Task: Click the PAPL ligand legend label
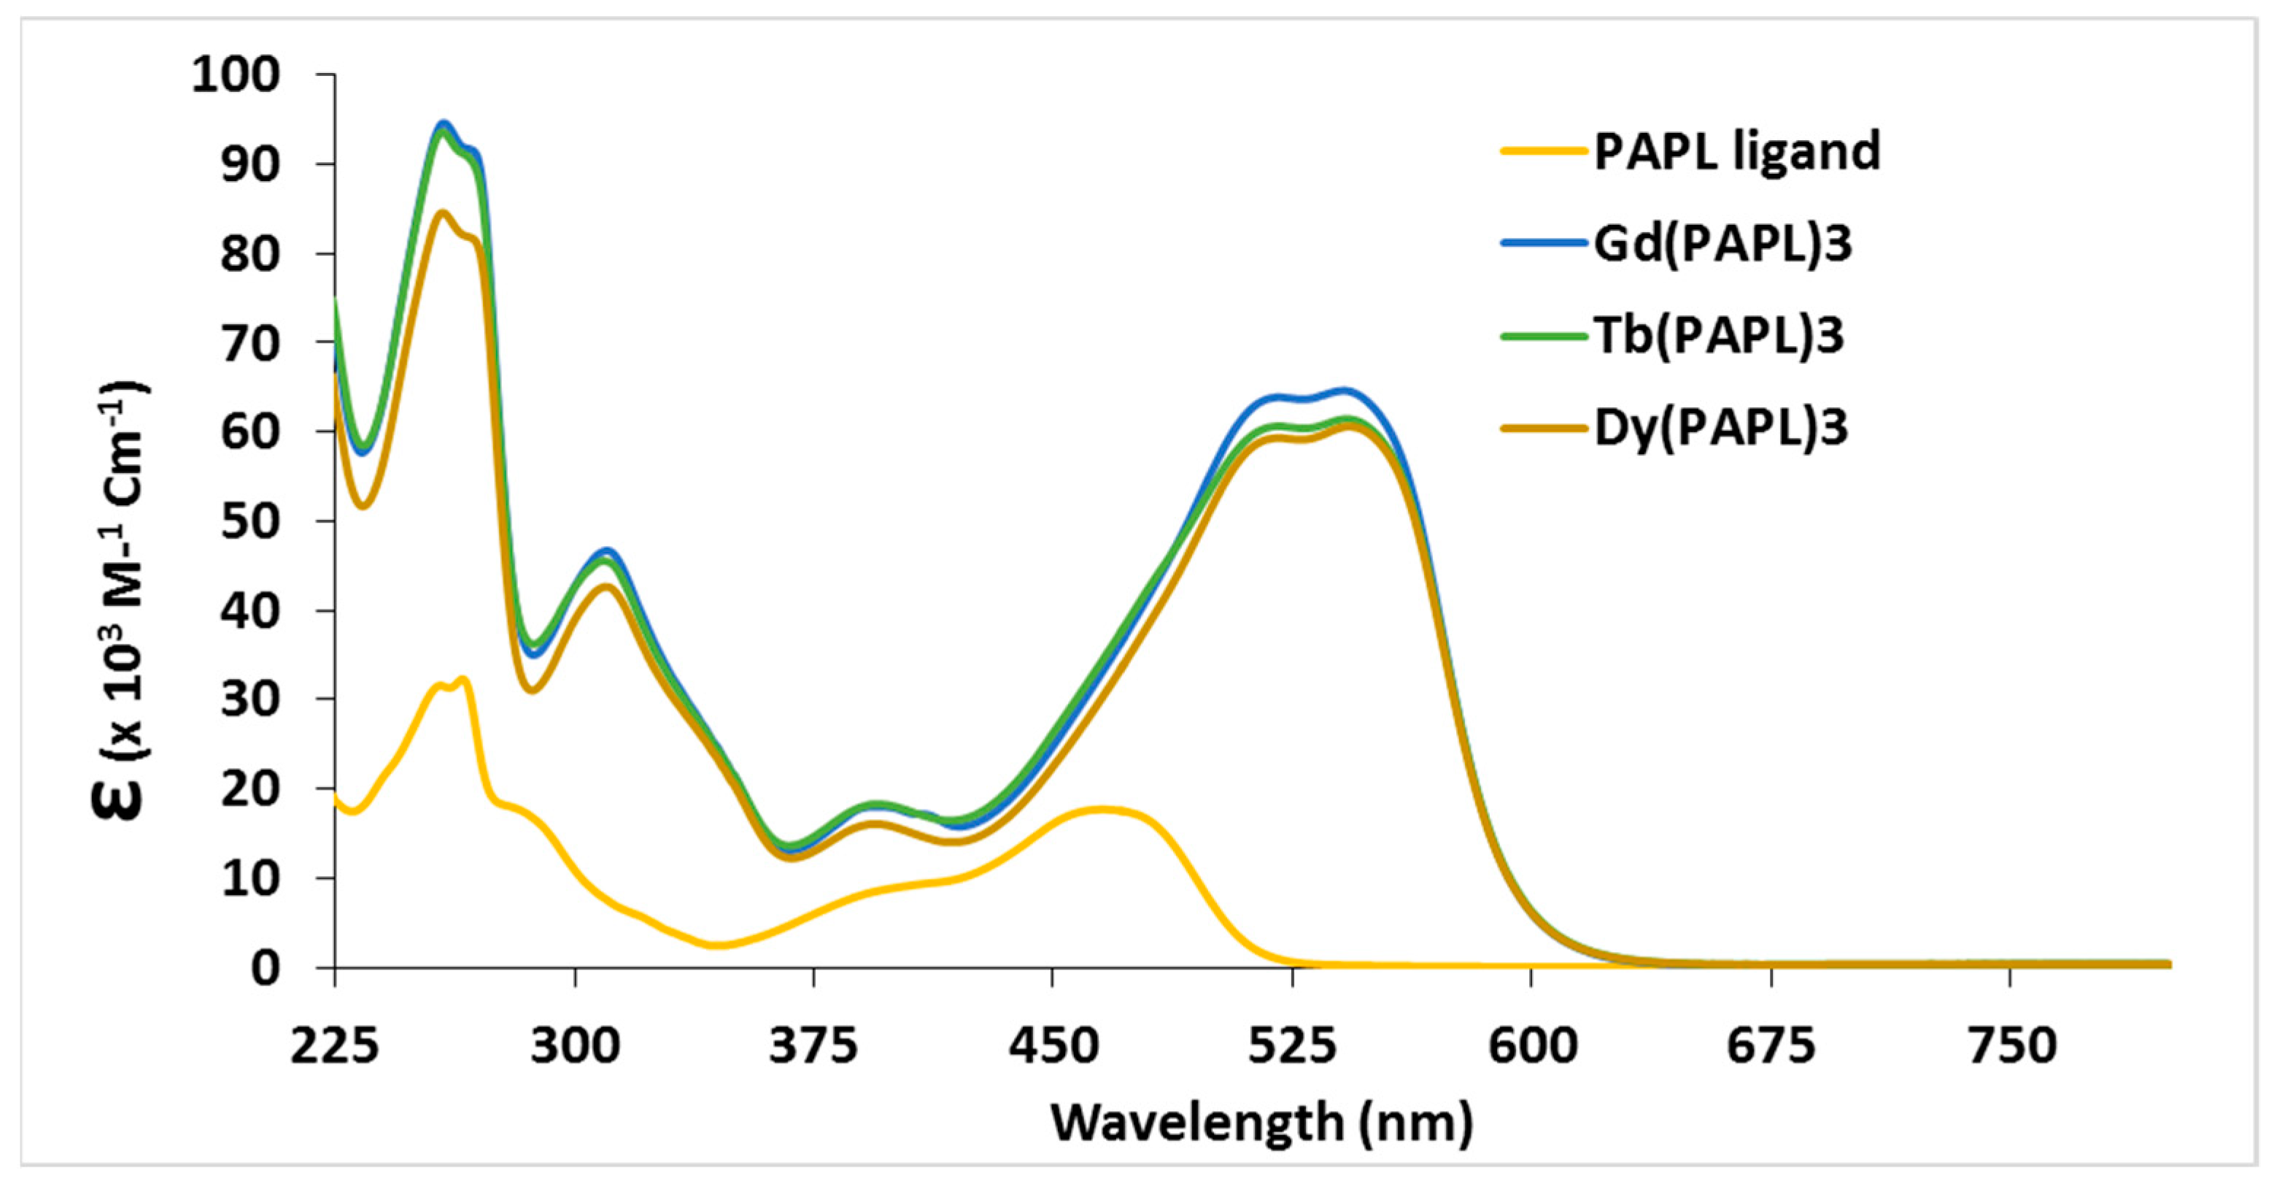(x=1736, y=151)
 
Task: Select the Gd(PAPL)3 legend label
(x=1722, y=243)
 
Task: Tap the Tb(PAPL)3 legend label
(x=1719, y=336)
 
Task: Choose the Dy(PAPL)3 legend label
(x=1720, y=428)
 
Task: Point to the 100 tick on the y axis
(x=236, y=74)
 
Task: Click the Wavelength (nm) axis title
(x=1261, y=1123)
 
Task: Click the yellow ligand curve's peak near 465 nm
(x=1099, y=809)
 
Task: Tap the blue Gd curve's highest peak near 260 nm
(x=444, y=123)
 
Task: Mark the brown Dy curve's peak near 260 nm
(x=443, y=212)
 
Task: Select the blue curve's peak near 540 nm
(x=1342, y=390)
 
